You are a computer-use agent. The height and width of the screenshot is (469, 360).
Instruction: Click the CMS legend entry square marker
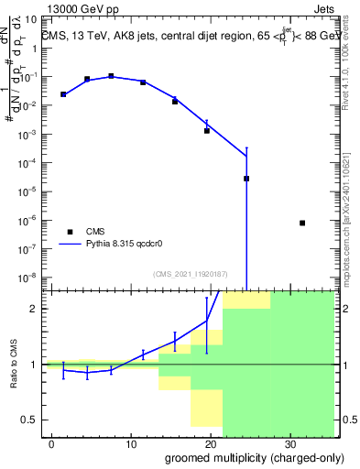click(70, 232)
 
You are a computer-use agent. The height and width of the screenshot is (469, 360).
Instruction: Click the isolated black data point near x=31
click(302, 223)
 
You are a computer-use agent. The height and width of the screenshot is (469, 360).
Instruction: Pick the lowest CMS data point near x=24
click(246, 179)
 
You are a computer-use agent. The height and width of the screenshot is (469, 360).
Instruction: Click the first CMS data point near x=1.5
click(63, 94)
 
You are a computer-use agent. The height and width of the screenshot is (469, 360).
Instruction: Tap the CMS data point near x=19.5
click(207, 131)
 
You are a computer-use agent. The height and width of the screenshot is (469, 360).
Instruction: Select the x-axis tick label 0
click(52, 442)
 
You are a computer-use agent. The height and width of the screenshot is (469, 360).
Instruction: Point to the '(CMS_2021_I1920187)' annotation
click(191, 274)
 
